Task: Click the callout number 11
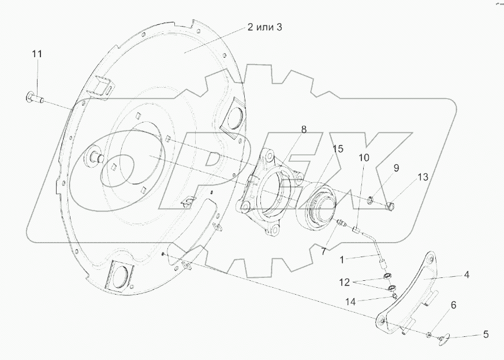coord(37,54)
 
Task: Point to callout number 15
coord(337,149)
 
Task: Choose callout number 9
coord(396,168)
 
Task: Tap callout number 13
coord(423,177)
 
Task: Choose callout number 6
coord(453,305)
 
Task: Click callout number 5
coord(486,334)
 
